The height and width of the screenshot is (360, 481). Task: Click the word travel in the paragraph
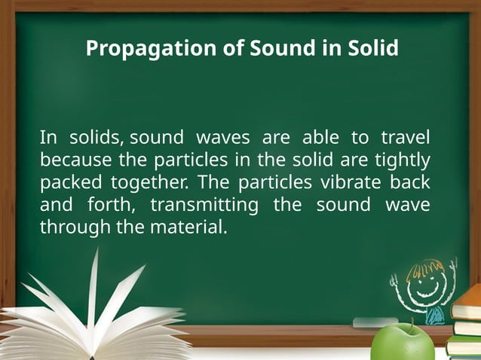tap(406, 138)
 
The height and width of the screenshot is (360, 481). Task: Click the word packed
tap(70, 183)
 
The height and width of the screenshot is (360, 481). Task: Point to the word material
tap(189, 227)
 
